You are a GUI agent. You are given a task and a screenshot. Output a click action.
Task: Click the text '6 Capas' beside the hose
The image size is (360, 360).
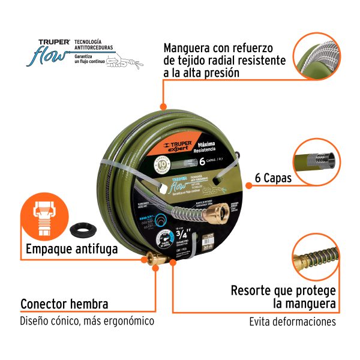pos(273,178)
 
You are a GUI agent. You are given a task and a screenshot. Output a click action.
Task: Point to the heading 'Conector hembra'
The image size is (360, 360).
pos(64,304)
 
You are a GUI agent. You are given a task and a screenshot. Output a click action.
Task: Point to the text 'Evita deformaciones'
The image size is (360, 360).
pos(292,322)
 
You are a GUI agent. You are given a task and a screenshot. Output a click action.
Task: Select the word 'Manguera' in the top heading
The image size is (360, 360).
pos(190,47)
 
